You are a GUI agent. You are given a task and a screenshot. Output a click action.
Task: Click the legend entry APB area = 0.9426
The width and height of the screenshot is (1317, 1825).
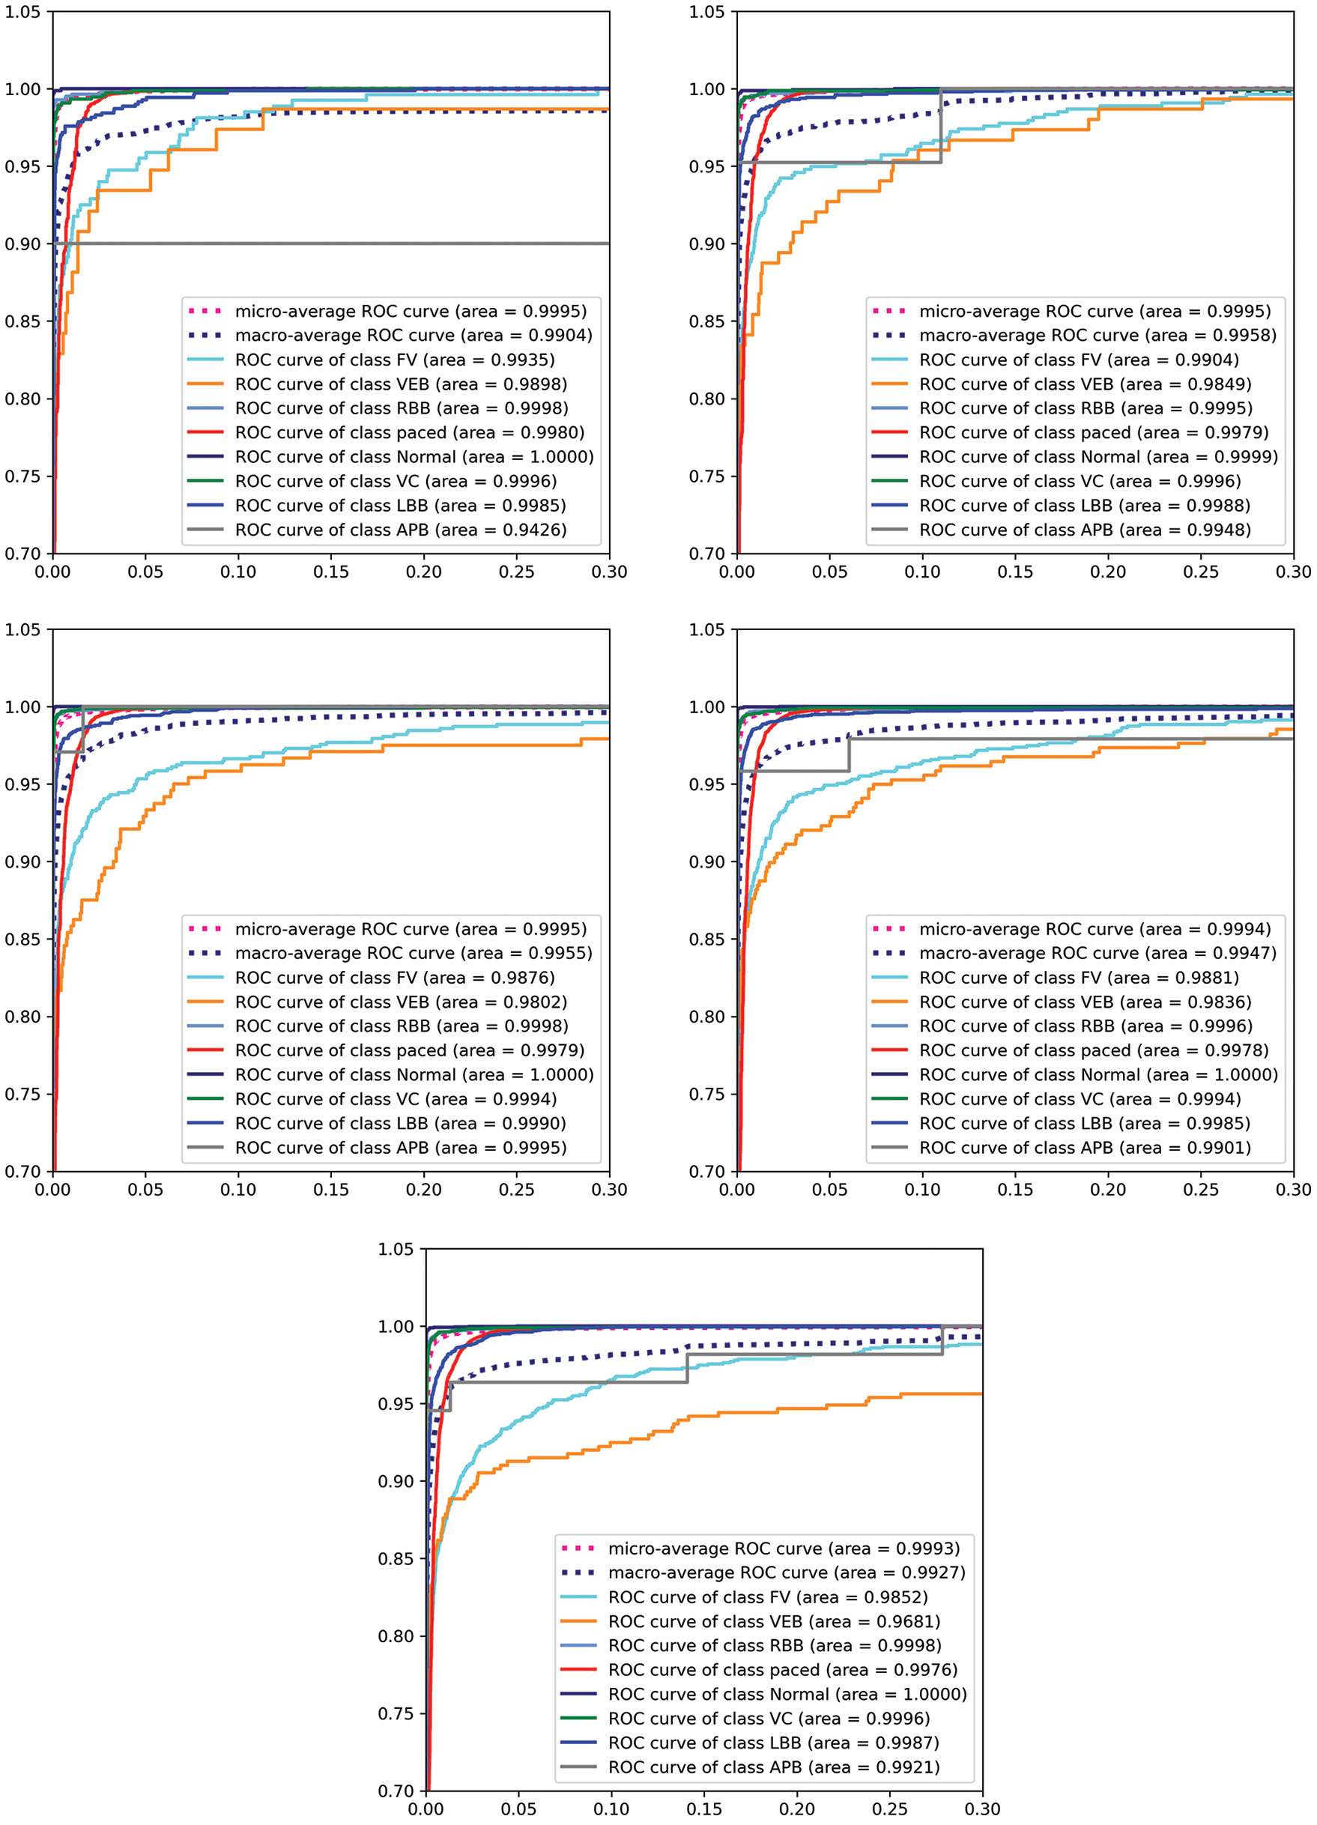401,530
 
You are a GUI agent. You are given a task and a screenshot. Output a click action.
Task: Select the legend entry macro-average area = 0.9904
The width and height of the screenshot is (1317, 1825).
413,335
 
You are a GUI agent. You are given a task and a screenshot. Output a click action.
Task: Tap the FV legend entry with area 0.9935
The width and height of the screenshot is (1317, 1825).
394,360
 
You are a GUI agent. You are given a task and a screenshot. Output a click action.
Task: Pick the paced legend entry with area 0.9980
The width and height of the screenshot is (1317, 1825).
410,432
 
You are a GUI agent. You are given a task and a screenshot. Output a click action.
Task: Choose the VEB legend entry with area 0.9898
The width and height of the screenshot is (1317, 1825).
401,384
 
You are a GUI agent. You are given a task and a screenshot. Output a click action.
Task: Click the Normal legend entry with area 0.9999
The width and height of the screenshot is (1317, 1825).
1098,457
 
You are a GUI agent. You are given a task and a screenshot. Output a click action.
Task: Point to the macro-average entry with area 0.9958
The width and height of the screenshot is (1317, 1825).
1097,335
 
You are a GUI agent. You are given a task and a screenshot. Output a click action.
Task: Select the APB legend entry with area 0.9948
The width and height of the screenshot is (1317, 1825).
1085,530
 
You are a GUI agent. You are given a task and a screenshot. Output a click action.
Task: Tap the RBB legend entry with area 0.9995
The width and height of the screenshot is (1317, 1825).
1086,408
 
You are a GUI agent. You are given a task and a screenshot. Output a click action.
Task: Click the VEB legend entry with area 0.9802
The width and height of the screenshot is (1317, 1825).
401,1002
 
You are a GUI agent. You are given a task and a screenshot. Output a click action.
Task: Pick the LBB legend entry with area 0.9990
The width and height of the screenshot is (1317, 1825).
400,1123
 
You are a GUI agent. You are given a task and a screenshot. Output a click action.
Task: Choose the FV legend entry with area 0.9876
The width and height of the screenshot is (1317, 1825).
394,978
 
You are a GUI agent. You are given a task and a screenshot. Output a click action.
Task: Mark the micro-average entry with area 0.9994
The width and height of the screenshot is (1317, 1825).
1095,928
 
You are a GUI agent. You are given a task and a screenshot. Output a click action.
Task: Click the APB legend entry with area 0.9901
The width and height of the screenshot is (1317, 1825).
1085,1148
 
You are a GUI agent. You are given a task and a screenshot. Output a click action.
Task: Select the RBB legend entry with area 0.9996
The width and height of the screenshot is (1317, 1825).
1086,1026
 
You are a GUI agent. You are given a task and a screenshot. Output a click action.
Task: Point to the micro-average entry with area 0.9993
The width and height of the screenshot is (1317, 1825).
784,1549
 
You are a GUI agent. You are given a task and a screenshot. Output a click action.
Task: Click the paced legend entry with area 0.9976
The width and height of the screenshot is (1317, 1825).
783,1670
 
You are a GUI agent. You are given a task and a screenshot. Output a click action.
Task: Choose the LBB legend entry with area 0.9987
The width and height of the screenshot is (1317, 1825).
773,1743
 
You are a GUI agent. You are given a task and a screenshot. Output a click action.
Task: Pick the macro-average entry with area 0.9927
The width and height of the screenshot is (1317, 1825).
786,1573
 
